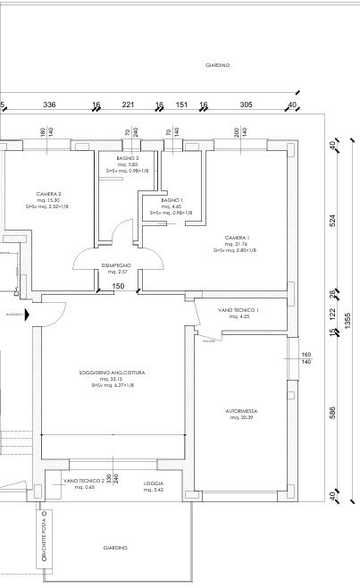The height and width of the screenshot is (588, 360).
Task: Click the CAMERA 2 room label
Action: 48,194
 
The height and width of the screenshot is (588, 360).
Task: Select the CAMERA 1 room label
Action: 236,238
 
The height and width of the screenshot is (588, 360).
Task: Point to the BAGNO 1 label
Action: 172,200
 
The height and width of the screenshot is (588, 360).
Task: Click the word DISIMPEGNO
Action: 116,265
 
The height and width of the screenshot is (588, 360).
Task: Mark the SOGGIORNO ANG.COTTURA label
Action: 112,372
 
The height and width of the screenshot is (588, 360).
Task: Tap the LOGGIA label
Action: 155,483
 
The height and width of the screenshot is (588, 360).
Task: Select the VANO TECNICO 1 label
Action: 239,310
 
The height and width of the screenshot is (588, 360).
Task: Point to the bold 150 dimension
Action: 118,286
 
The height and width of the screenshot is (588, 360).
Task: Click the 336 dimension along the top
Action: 49,105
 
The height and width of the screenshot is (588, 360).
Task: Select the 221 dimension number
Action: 128,105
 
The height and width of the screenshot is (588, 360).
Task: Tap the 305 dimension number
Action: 246,105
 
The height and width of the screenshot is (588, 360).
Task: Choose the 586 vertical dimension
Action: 331,414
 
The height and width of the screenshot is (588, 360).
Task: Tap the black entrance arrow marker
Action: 29,315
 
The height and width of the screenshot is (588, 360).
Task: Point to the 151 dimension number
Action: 181,105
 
